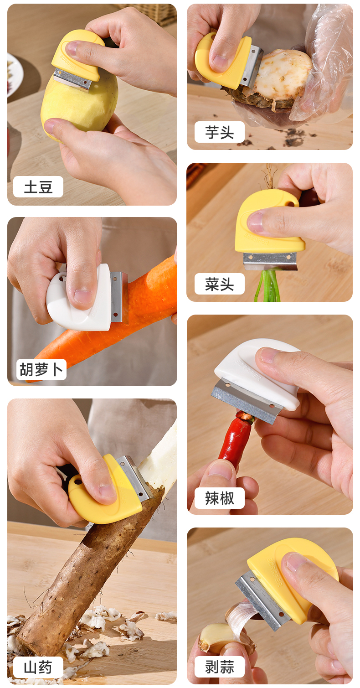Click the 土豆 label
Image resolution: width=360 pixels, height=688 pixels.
(x=38, y=187)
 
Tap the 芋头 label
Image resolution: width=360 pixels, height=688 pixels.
(x=220, y=132)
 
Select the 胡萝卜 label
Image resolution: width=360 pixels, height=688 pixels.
(x=41, y=369)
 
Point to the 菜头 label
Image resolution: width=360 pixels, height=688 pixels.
(x=220, y=284)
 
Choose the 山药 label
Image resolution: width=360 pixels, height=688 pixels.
(x=38, y=667)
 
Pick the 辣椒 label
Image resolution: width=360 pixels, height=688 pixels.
(x=220, y=498)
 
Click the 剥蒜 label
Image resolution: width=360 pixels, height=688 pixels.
(x=220, y=667)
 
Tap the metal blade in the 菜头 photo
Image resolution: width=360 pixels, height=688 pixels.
(x=270, y=261)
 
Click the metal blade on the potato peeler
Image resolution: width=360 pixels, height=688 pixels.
(x=73, y=80)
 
